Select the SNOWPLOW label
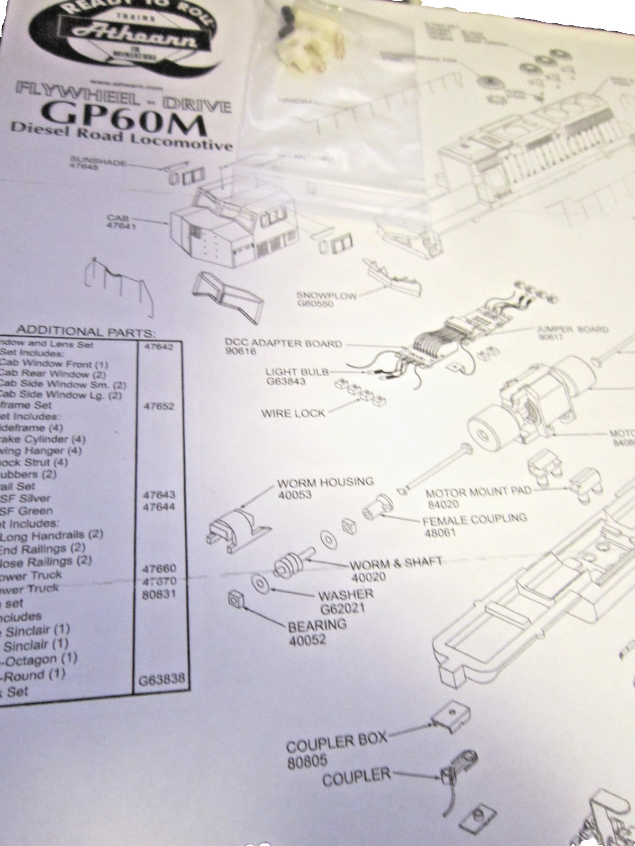(x=326, y=296)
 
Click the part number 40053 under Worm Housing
(x=295, y=495)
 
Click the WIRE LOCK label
(x=293, y=412)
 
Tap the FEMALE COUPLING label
(x=475, y=519)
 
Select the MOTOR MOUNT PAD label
(x=478, y=493)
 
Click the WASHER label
(x=346, y=594)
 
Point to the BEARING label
(x=317, y=625)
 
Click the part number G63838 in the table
(x=162, y=679)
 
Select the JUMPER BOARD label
(x=573, y=330)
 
